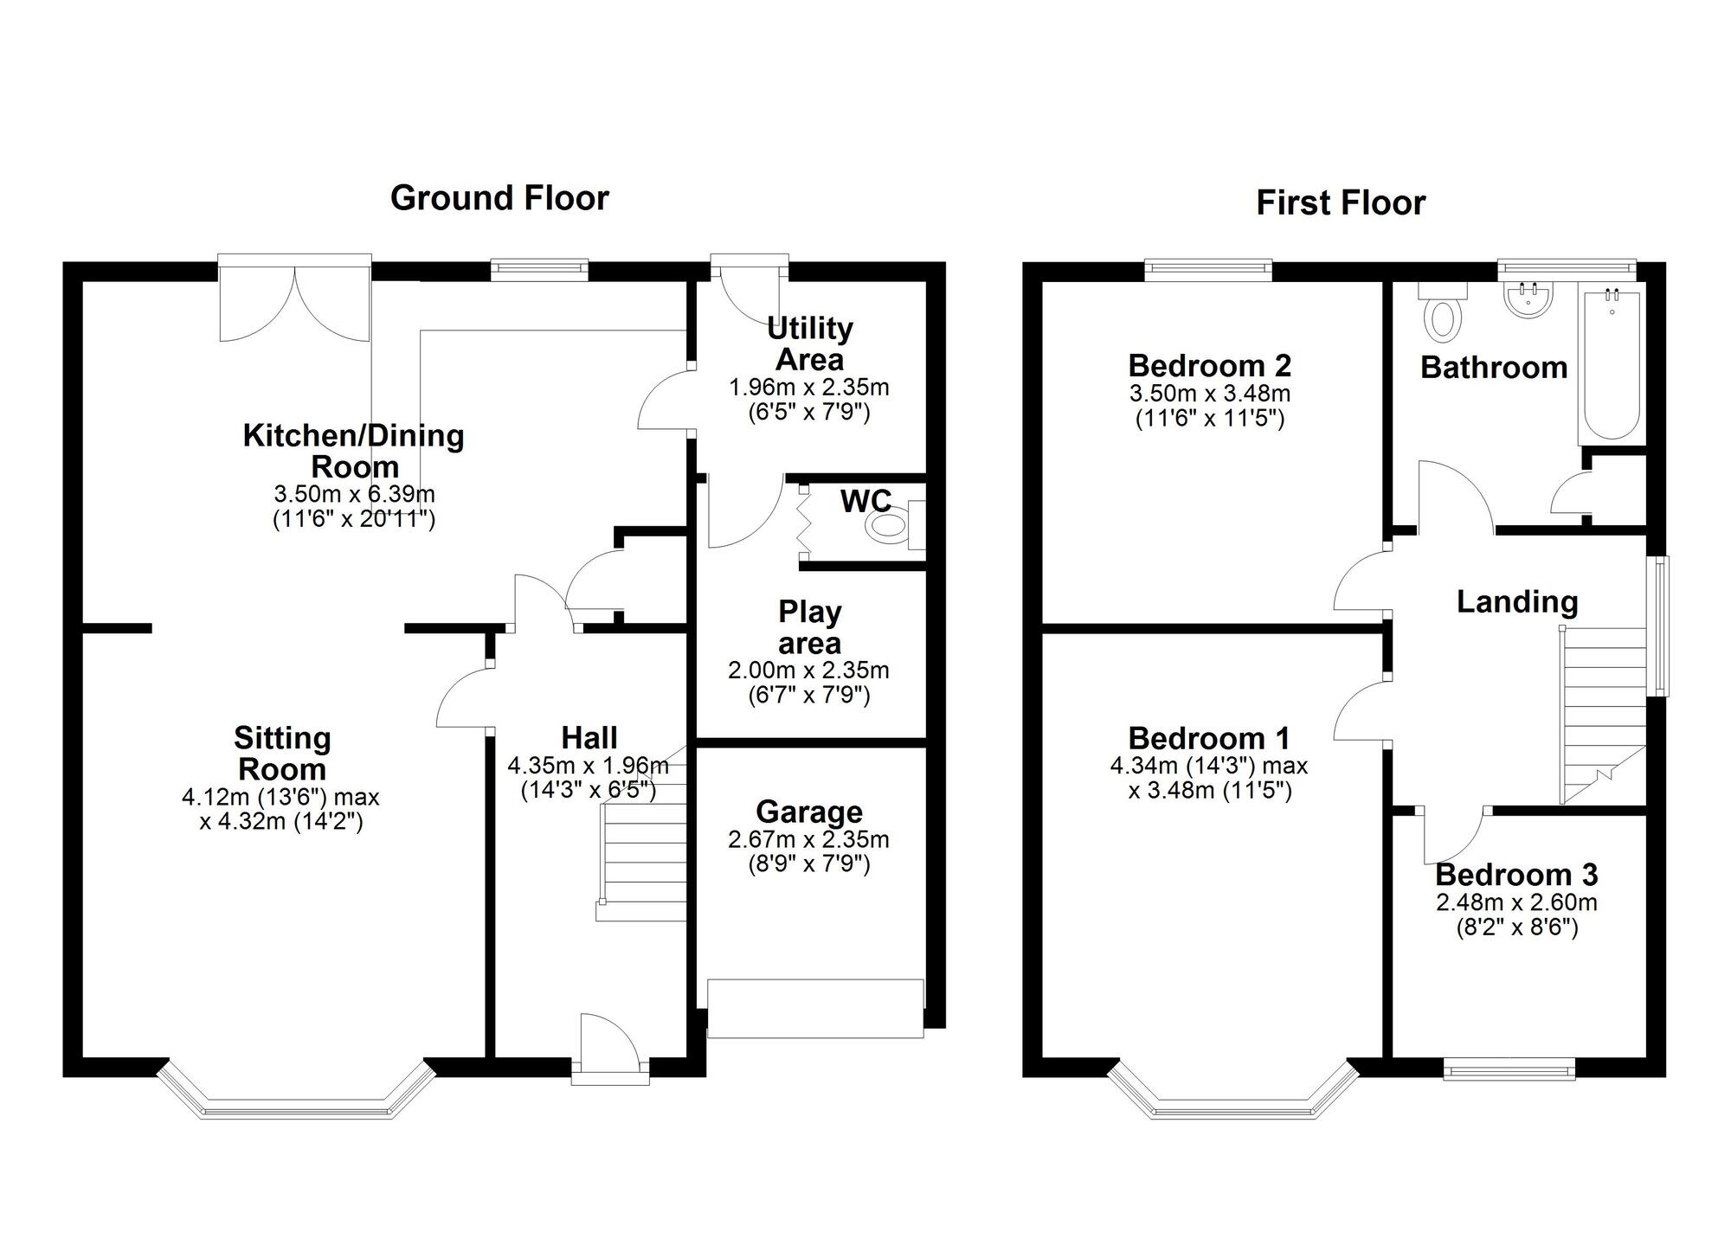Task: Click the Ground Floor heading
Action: [x=499, y=198]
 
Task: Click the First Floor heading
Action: [x=1341, y=203]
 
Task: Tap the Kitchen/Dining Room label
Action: [x=354, y=451]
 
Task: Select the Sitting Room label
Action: [x=282, y=754]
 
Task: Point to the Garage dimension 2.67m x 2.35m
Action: [x=809, y=839]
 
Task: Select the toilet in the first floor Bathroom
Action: [x=1442, y=311]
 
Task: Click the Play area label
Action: [x=809, y=627]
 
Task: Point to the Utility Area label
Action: [x=809, y=343]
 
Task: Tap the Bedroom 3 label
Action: [x=1516, y=875]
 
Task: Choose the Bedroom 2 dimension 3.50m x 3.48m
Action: [x=1210, y=394]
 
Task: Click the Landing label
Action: [x=1517, y=601]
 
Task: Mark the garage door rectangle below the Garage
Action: [x=815, y=1008]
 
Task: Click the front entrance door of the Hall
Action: [x=610, y=1048]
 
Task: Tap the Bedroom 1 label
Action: [x=1209, y=738]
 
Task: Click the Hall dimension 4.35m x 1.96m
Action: [x=589, y=766]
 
